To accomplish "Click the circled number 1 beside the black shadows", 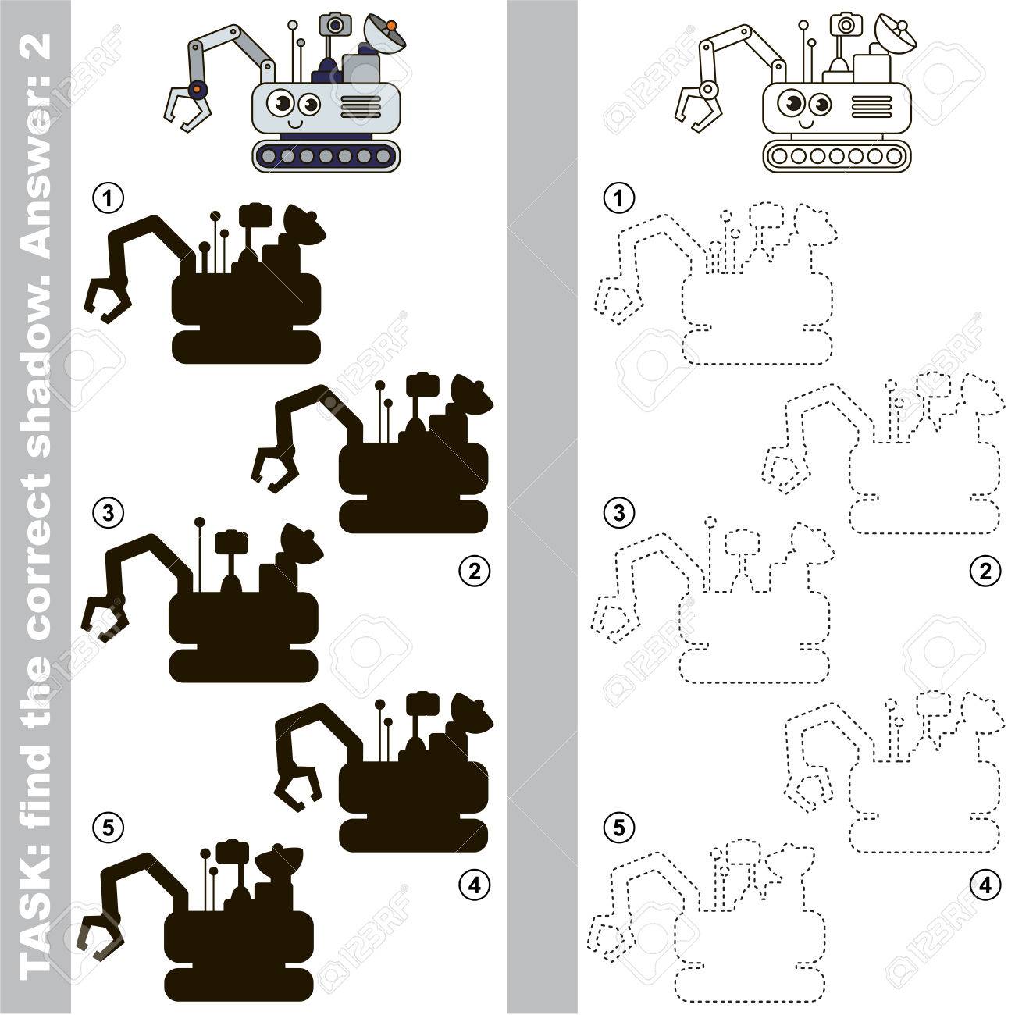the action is pyautogui.click(x=108, y=198).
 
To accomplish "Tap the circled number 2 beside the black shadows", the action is pyautogui.click(x=475, y=571).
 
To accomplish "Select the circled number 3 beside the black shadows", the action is pyautogui.click(x=108, y=512).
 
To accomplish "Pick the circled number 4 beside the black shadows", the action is pyautogui.click(x=475, y=885).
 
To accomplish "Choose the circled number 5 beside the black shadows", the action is pyautogui.click(x=108, y=828).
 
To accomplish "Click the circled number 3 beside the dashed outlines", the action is pyautogui.click(x=619, y=512).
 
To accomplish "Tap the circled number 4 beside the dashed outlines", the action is pyautogui.click(x=985, y=885).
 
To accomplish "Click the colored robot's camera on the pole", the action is pyautogui.click(x=335, y=24).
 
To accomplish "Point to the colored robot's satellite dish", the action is pyautogui.click(x=386, y=35).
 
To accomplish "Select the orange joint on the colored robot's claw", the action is pyautogui.click(x=197, y=90).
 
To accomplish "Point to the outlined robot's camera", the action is pyautogui.click(x=846, y=24).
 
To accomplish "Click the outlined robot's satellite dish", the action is pyautogui.click(x=896, y=35).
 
